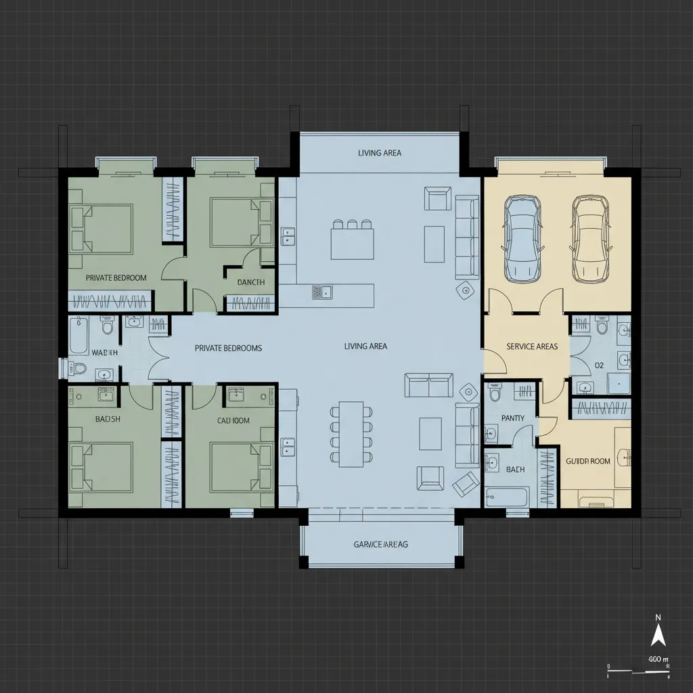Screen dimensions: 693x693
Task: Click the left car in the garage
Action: click(523, 239)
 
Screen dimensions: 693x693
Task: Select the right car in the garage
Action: click(589, 239)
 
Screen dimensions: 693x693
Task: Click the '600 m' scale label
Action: click(658, 659)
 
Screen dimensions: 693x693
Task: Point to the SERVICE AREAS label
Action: click(532, 346)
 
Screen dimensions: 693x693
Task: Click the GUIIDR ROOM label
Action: click(587, 461)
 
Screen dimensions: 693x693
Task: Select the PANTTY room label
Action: click(512, 418)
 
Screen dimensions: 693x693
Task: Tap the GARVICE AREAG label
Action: click(381, 544)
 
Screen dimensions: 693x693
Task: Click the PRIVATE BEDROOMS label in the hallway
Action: click(228, 348)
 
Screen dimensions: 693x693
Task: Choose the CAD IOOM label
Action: click(233, 420)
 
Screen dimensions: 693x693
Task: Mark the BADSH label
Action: click(108, 419)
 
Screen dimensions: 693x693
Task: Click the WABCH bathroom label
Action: click(104, 353)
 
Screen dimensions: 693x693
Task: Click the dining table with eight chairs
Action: click(351, 434)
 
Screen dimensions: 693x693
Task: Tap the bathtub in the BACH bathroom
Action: click(506, 497)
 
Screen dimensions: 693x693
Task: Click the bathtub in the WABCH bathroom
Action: click(79, 336)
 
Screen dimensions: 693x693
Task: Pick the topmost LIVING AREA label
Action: click(379, 153)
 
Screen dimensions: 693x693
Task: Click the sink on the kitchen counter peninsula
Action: click(322, 292)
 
